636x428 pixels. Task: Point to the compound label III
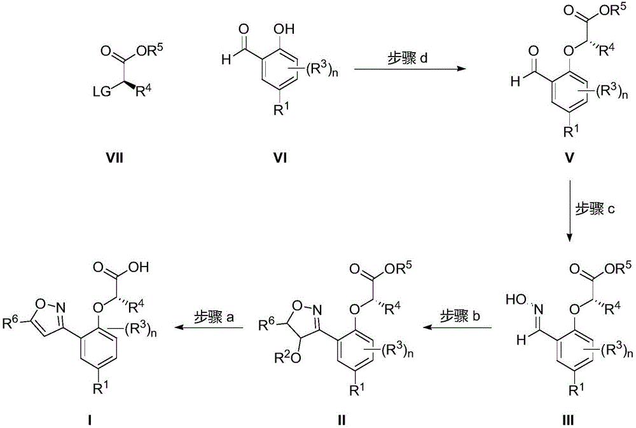click(569, 420)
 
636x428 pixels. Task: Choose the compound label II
click(342, 420)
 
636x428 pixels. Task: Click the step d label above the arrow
click(406, 59)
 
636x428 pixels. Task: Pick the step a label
click(214, 317)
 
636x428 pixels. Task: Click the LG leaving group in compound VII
click(101, 92)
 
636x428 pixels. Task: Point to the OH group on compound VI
click(285, 29)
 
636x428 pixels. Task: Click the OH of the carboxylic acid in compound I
click(140, 268)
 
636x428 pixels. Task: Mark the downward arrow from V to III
click(570, 211)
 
